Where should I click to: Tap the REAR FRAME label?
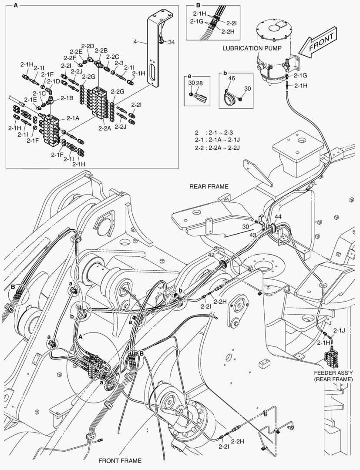pyautogui.click(x=209, y=186)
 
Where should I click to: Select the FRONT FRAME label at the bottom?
pyautogui.click(x=120, y=460)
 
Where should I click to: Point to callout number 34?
pyautogui.click(x=172, y=42)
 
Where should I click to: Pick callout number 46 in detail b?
pyautogui.click(x=231, y=79)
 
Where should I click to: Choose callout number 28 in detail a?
pyautogui.click(x=199, y=83)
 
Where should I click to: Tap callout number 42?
pyautogui.click(x=211, y=255)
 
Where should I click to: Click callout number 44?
pyautogui.click(x=278, y=216)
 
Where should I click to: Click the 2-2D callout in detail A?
pyautogui.click(x=88, y=46)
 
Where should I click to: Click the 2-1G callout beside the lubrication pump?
pyautogui.click(x=300, y=76)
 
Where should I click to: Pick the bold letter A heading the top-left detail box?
pyautogui.click(x=16, y=6)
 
